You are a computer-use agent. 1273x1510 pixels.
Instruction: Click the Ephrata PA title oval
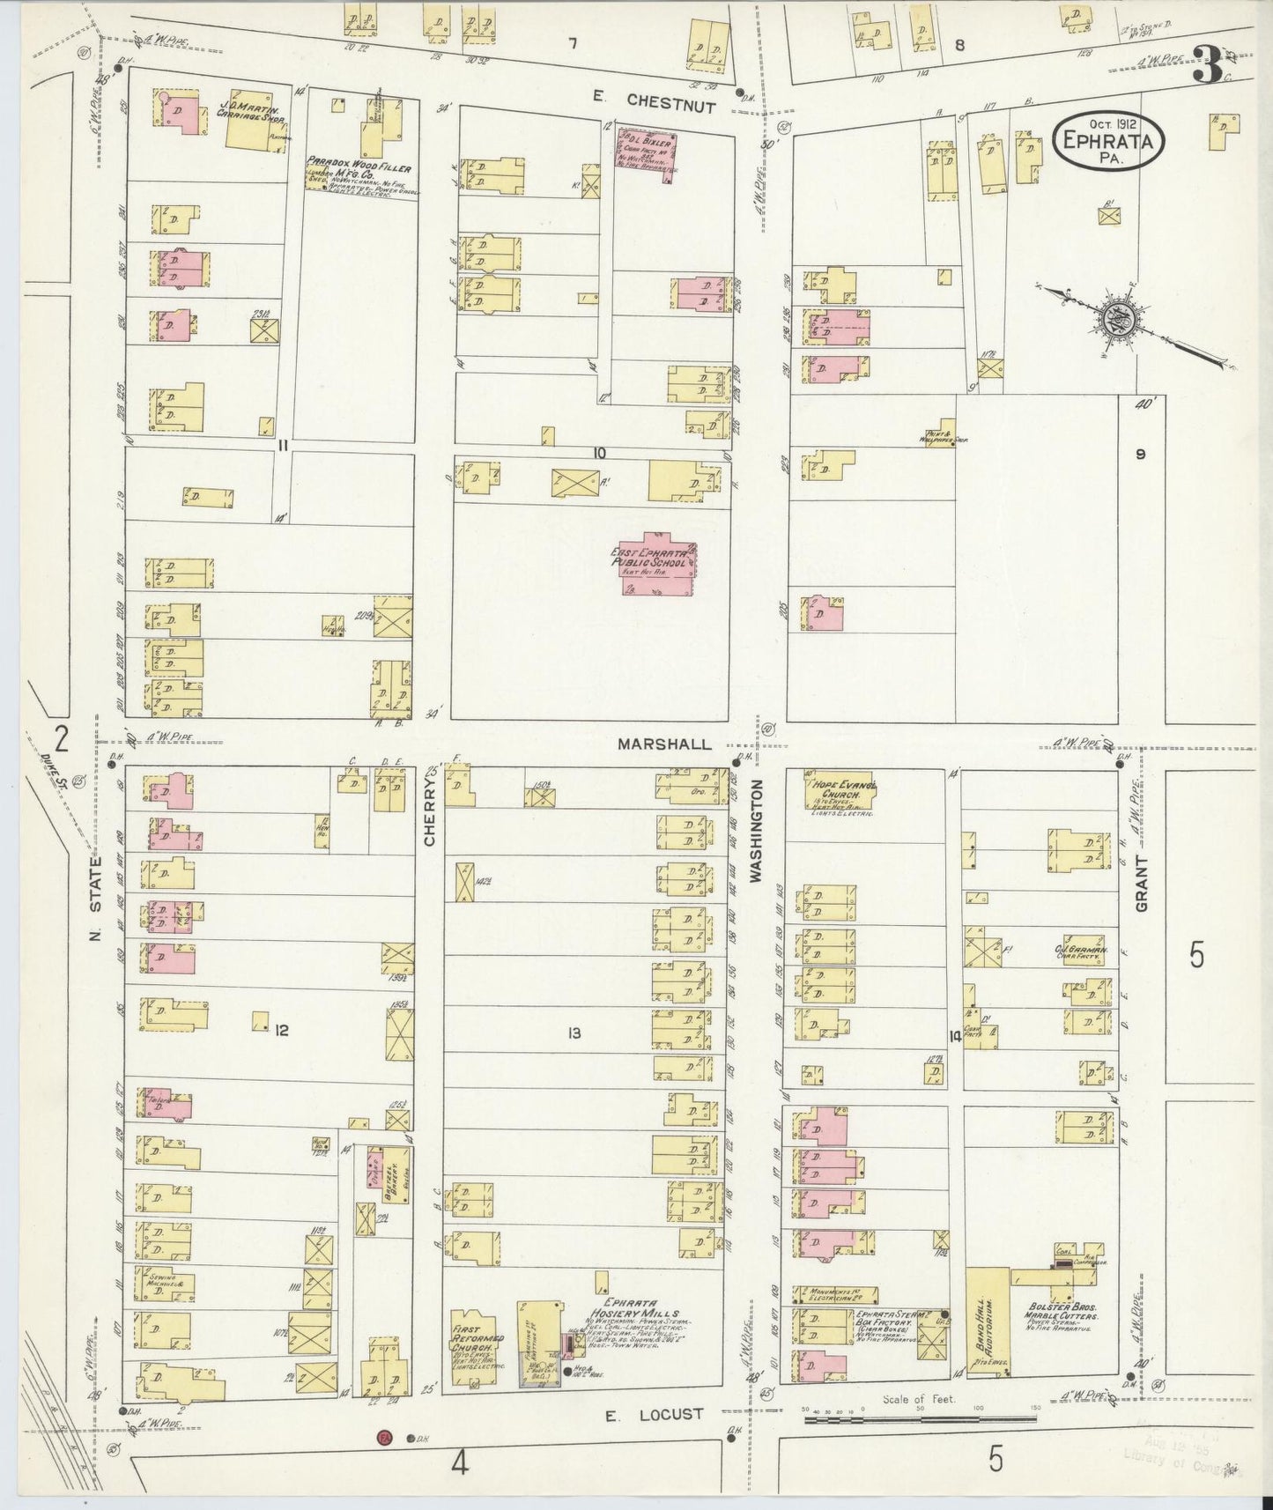pyautogui.click(x=1108, y=144)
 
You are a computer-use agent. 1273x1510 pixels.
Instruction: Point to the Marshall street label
pyautogui.click(x=663, y=744)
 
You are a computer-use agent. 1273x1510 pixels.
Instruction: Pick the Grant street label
pyautogui.click(x=1142, y=881)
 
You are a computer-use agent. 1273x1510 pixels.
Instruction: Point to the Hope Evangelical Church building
pyautogui.click(x=835, y=789)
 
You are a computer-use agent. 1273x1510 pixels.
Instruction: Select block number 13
pyautogui.click(x=574, y=1033)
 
